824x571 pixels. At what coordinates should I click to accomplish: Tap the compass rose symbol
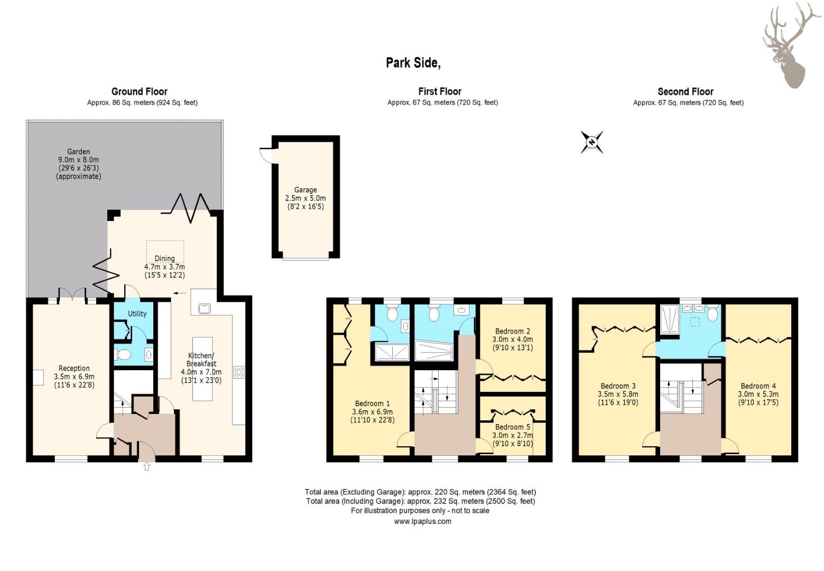[x=591, y=142]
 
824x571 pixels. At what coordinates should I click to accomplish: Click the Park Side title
[x=413, y=63]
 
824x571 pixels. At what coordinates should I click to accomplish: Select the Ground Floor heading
[x=139, y=91]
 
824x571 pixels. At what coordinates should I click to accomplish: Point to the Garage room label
[x=305, y=190]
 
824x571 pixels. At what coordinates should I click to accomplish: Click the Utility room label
[x=137, y=314]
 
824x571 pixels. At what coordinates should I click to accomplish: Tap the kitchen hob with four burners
[x=239, y=372]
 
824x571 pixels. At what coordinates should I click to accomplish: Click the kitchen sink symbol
[x=204, y=308]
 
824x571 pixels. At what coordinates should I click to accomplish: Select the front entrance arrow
[x=147, y=466]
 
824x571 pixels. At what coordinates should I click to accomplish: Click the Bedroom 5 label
[x=513, y=427]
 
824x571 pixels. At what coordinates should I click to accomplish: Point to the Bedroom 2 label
[x=513, y=331]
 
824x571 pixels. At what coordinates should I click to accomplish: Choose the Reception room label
[x=74, y=369]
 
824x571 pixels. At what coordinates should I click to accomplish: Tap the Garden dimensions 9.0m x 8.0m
[x=78, y=160]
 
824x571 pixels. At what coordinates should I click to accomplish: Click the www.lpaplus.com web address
[x=423, y=521]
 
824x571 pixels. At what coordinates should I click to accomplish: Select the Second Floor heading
[x=686, y=91]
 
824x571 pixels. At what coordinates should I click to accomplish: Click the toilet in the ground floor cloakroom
[x=123, y=355]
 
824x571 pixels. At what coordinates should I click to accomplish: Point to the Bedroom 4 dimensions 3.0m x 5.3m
[x=758, y=394]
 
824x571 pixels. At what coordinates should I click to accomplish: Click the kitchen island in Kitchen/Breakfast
[x=202, y=369]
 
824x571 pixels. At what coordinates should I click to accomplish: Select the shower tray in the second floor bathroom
[x=670, y=319]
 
